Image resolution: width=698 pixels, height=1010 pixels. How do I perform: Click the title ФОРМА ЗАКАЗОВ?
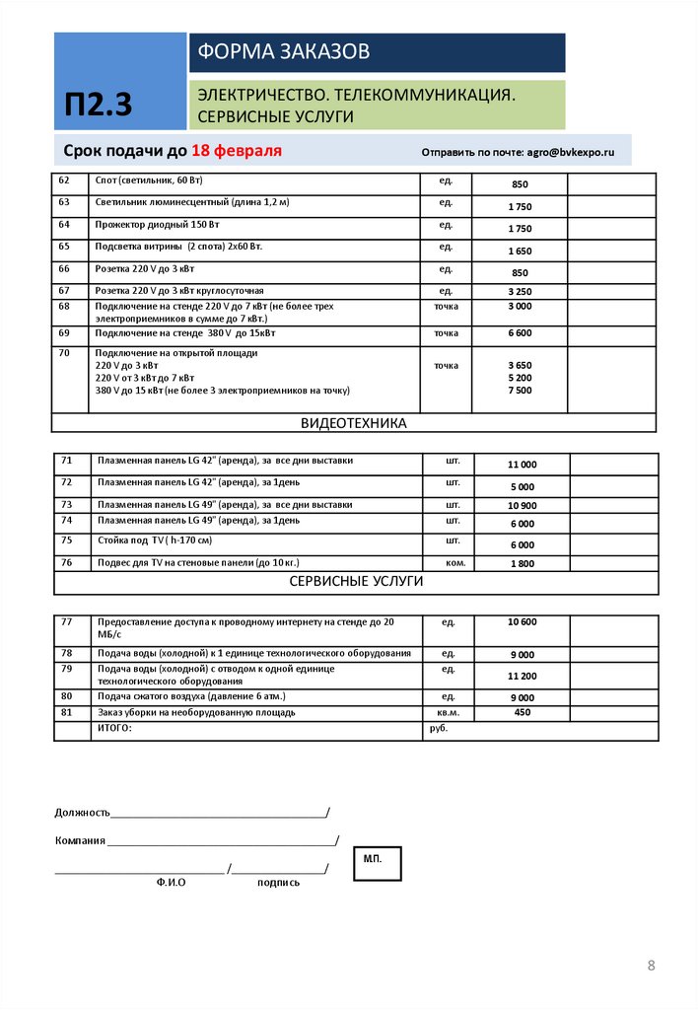(284, 51)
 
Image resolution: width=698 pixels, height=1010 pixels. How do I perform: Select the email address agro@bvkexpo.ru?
(570, 153)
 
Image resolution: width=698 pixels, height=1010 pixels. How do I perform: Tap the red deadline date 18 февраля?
(237, 151)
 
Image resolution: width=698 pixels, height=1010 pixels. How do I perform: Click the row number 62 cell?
(65, 180)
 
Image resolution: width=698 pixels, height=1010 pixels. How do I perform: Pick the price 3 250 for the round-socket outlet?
(520, 292)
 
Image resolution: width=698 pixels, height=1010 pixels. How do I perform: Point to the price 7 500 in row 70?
(520, 391)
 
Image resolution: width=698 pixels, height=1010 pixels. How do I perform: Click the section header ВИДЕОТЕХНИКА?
(353, 423)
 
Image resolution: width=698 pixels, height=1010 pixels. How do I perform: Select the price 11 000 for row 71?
(522, 465)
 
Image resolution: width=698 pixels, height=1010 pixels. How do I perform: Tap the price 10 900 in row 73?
(522, 506)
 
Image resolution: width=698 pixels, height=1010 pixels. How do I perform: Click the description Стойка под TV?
(155, 541)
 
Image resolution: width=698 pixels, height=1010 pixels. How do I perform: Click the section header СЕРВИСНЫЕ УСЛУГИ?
(355, 582)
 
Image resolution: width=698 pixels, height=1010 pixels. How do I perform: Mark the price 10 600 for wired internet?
(522, 622)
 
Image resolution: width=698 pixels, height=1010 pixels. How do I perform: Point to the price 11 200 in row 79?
(522, 677)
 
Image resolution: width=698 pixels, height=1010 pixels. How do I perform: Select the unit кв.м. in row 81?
(449, 712)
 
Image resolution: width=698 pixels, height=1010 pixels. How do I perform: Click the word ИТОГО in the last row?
(113, 728)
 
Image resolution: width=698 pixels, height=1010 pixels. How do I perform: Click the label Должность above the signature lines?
(82, 813)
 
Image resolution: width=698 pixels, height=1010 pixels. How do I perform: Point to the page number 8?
(651, 965)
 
